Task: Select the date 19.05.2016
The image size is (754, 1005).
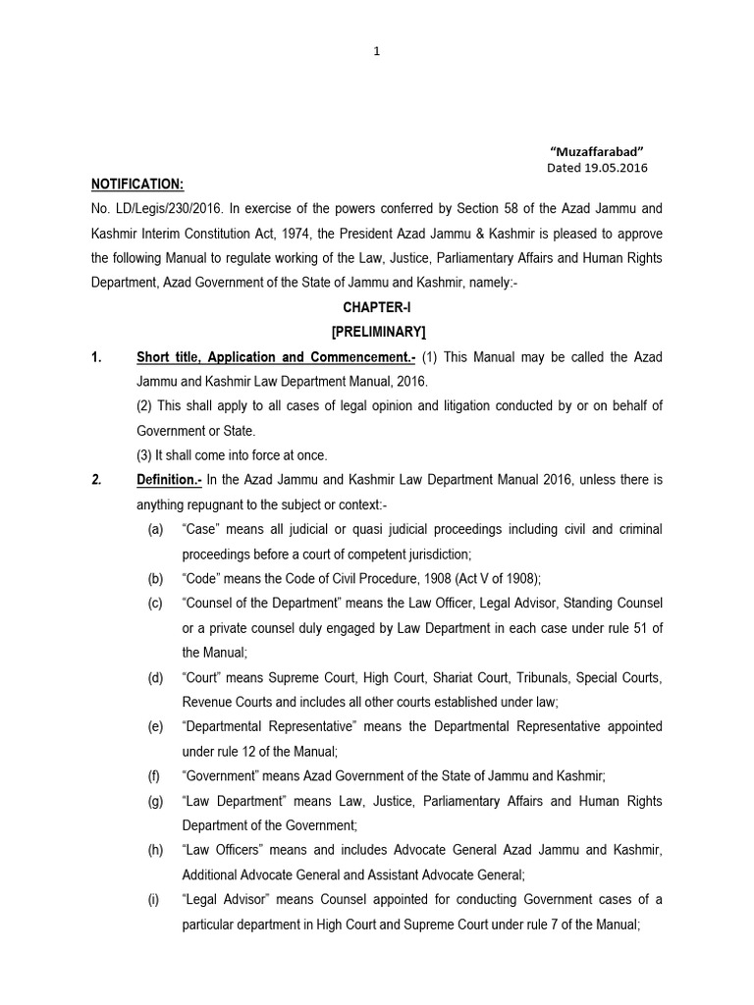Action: (x=615, y=167)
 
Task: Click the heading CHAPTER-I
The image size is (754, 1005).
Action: (x=377, y=308)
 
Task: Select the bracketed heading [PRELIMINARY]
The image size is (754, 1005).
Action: (x=377, y=333)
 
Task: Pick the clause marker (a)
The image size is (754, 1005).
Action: (x=155, y=530)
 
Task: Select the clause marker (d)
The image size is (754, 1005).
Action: (x=155, y=677)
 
